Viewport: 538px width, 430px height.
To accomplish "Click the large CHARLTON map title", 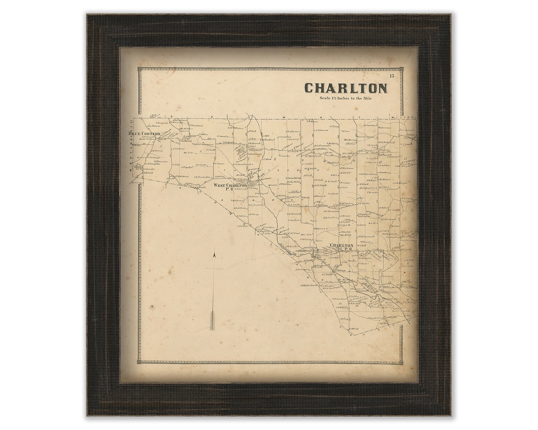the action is (346, 88).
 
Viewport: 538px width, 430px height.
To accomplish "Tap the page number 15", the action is (392, 76).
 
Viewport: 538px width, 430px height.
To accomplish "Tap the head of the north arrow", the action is (214, 255).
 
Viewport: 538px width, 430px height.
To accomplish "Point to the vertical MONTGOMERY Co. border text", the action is (132, 149).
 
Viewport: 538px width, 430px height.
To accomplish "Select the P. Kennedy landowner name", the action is (162, 123).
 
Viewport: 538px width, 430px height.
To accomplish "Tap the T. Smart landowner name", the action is (220, 164).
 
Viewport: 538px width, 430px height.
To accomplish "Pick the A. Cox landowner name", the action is (345, 131).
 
